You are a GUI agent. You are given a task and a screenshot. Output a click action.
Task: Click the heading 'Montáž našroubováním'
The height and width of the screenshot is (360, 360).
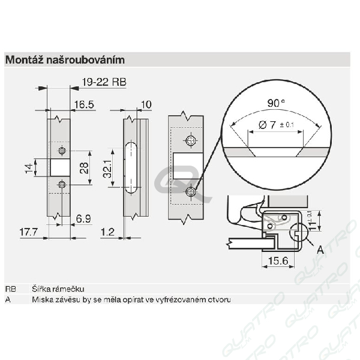[65, 60]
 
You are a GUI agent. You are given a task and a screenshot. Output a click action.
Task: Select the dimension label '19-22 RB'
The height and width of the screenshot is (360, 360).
[104, 82]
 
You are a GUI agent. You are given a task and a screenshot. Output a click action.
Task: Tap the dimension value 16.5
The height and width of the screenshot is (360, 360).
[84, 104]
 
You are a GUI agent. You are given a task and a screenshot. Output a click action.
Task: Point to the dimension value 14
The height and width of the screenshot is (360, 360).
[29, 168]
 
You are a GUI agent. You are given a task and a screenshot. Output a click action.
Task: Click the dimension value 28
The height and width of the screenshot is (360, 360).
[84, 168]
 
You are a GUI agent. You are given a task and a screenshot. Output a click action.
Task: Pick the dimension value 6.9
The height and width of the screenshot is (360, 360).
[83, 218]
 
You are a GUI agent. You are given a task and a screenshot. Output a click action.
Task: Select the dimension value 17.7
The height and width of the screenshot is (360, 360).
[28, 232]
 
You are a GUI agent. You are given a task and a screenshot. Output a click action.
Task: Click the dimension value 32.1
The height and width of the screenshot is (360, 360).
[107, 169]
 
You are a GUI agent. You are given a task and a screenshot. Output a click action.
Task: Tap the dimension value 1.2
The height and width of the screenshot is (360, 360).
[107, 232]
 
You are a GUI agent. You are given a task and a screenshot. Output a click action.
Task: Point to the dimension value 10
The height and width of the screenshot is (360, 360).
[146, 104]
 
